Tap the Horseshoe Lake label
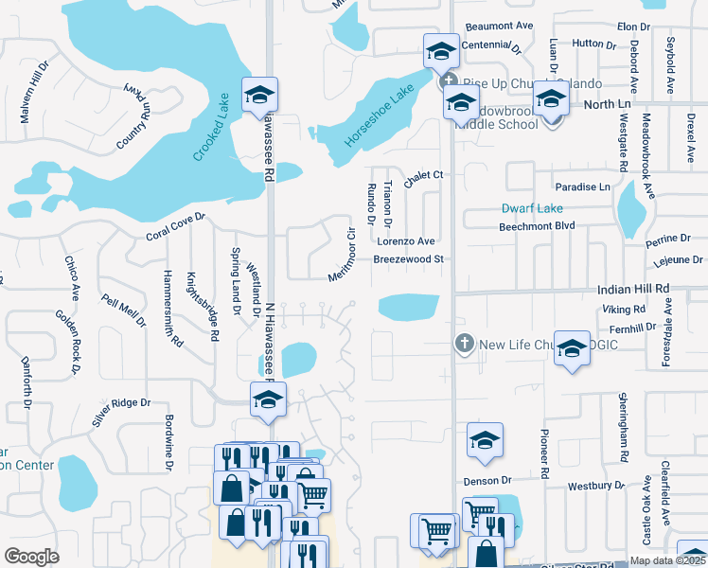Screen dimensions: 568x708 (x=379, y=116)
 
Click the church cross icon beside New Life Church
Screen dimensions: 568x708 (x=464, y=344)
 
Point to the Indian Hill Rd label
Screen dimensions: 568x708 (x=634, y=288)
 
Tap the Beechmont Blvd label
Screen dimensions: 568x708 (x=537, y=226)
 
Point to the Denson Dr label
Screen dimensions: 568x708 (x=487, y=480)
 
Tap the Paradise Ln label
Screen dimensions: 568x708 (x=582, y=186)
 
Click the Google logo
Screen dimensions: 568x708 (x=31, y=556)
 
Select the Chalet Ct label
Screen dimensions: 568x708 (x=424, y=175)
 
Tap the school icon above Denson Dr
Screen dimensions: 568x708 (x=485, y=440)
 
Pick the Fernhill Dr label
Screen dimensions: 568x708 (x=633, y=327)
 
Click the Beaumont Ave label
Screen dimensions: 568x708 (x=499, y=26)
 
